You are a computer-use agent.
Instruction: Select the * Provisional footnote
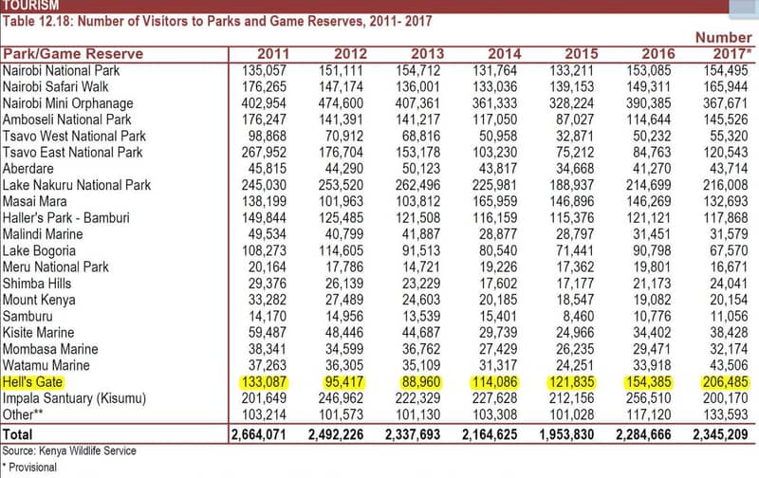click(32, 468)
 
